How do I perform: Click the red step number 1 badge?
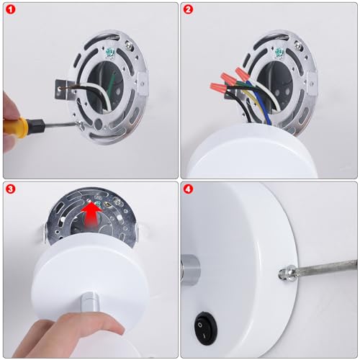point(11,9)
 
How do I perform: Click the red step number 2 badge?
point(188,9)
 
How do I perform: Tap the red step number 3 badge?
point(11,189)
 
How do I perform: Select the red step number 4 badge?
point(188,189)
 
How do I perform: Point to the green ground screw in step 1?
point(111,53)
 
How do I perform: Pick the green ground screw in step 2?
point(279,53)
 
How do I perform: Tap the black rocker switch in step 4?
point(206,328)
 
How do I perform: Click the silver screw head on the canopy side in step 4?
point(286,273)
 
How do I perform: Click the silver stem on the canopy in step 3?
point(90,303)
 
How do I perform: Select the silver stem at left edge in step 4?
point(190,268)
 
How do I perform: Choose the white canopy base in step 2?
point(252,151)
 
